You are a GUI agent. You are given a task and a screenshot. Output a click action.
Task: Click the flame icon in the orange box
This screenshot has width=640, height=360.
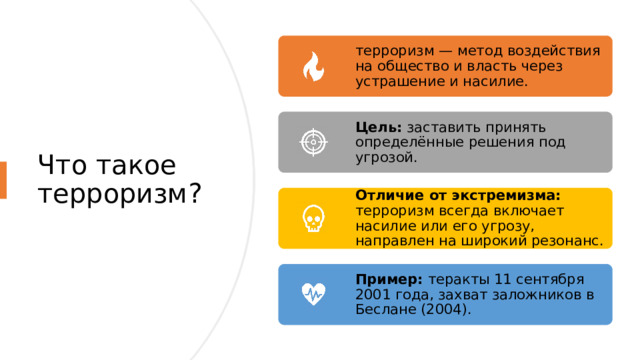[312, 67]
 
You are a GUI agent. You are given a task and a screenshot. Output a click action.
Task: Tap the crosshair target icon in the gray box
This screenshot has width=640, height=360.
[312, 142]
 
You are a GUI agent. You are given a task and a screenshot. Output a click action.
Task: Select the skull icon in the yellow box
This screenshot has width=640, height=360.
[312, 218]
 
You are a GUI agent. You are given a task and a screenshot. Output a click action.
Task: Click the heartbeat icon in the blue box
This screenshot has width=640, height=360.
[312, 294]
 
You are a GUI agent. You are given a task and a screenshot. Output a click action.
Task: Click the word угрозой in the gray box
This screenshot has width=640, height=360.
[385, 157]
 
